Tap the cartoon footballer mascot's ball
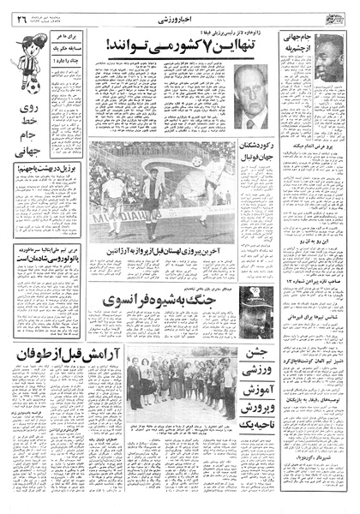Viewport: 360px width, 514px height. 25,86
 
